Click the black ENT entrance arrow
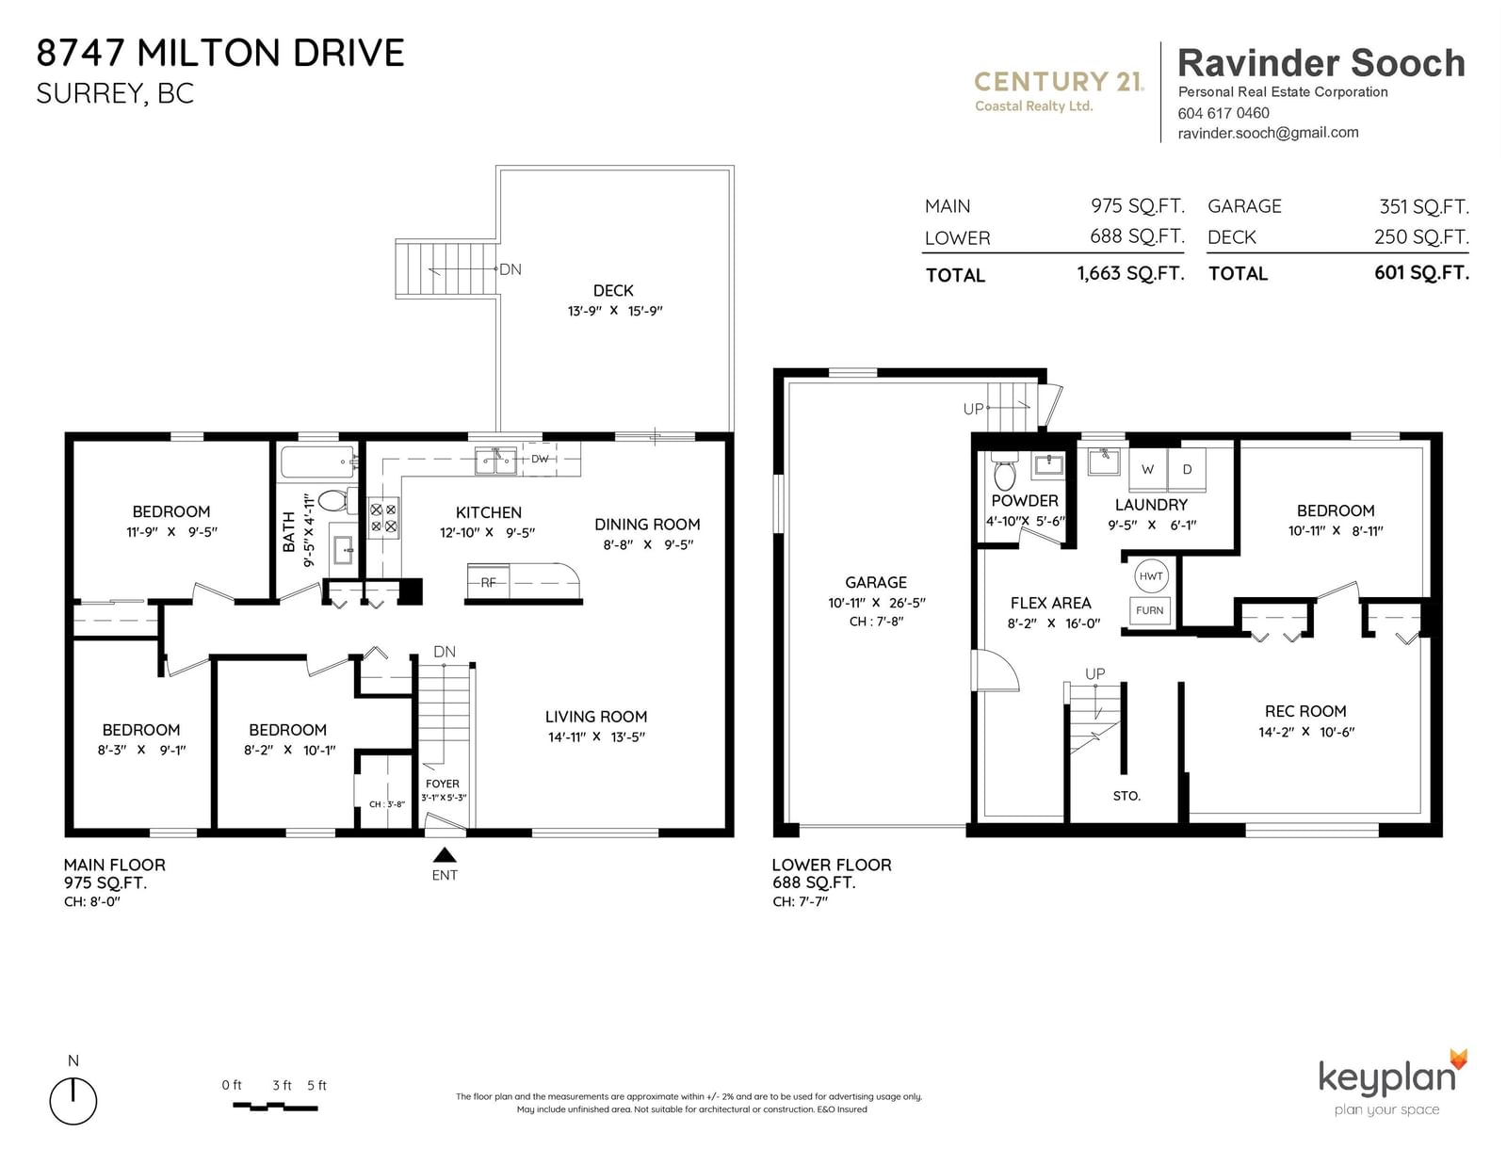pos(445,854)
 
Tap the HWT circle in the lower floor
pos(1151,576)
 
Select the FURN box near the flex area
pos(1149,611)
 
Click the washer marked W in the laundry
pos(1148,470)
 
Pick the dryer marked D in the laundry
pos(1187,470)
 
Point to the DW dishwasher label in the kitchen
pos(540,459)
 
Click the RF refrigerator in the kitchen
pos(488,582)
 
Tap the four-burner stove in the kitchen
pos(382,518)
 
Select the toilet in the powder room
pos(1005,471)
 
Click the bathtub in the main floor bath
pos(319,461)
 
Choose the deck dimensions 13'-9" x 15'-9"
pos(614,311)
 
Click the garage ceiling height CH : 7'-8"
pos(876,622)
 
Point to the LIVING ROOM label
pos(595,717)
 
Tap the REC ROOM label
pos(1305,711)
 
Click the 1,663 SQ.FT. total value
pos(1130,274)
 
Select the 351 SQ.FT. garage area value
pos(1424,206)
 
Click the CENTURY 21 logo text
pos(1059,82)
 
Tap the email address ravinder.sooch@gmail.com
pos(1268,133)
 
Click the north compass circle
pos(73,1101)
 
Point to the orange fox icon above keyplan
pos(1458,1060)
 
